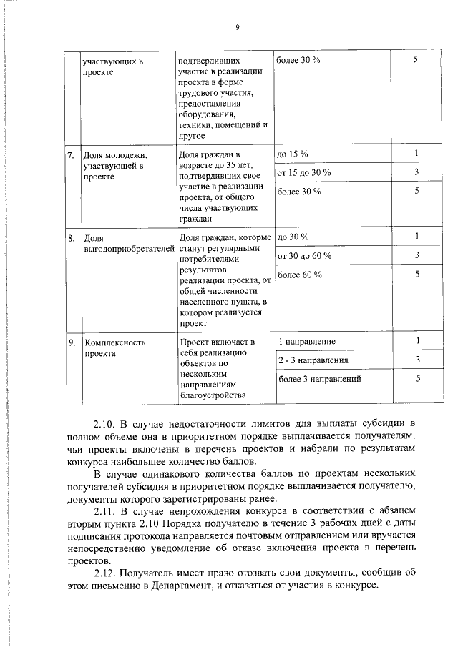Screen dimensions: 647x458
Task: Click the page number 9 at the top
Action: tap(236, 27)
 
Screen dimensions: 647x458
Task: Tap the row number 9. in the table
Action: tap(71, 342)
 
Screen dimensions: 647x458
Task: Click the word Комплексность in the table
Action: tap(115, 342)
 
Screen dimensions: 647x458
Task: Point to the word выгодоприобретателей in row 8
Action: tap(127, 249)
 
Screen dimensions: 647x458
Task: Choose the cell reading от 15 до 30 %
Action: tap(303, 173)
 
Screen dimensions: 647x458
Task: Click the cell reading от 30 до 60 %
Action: tap(303, 255)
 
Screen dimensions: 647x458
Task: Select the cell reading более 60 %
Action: tap(298, 275)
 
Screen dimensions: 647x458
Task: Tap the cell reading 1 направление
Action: tap(306, 341)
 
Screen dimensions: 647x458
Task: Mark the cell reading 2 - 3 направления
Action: tap(313, 360)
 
